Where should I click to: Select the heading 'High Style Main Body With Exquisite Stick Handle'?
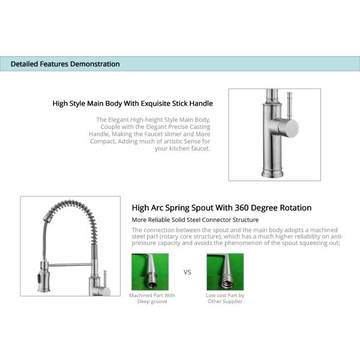tap(133, 103)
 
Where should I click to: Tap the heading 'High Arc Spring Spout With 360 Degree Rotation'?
tap(221, 208)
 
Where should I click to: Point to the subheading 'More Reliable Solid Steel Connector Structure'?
tap(195, 220)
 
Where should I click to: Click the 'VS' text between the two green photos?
tap(187, 272)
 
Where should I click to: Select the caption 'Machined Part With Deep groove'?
tap(152, 298)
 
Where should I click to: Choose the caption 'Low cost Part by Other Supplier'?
tap(224, 298)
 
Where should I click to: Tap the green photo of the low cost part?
tap(224, 271)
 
